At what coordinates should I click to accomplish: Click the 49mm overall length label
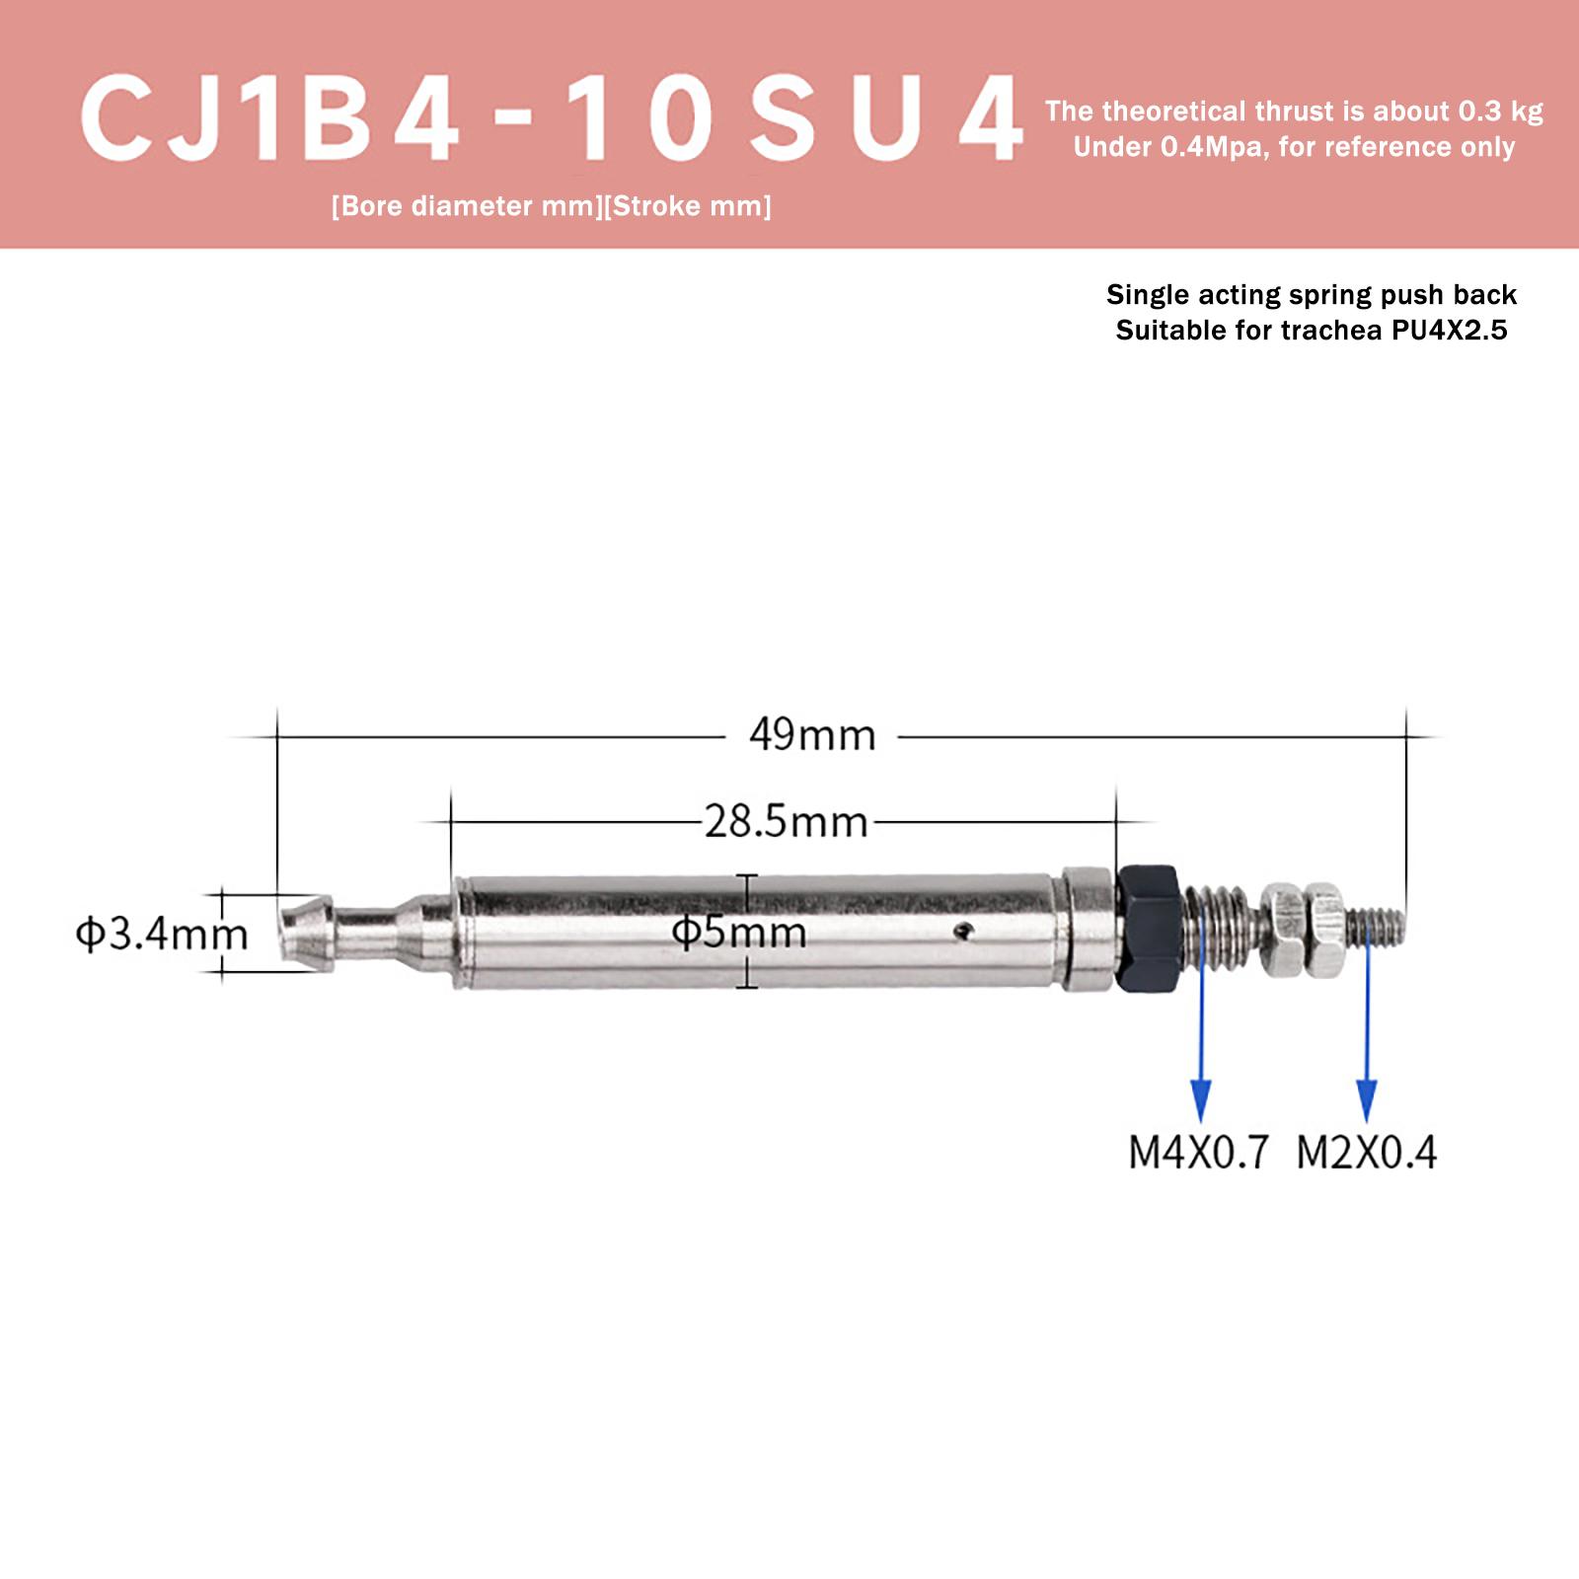coord(812,735)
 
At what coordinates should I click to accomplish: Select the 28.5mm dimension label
coord(786,821)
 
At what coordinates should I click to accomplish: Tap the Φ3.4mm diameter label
coord(162,933)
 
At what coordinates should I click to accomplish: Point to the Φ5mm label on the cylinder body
coord(739,932)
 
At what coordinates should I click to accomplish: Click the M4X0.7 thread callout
coord(1198,1153)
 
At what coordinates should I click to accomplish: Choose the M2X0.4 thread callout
coord(1367,1153)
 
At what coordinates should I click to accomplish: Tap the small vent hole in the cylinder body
coord(964,929)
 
